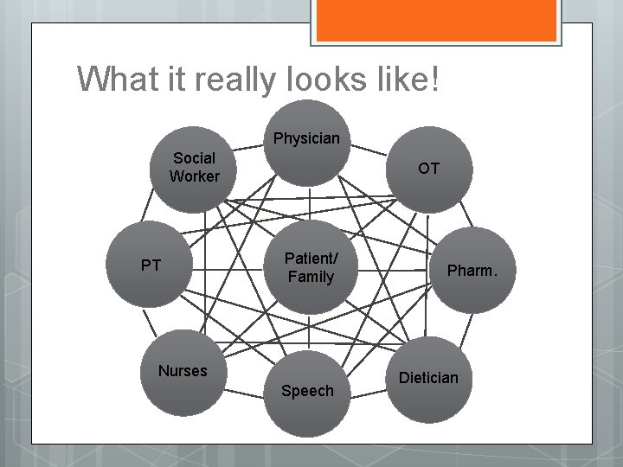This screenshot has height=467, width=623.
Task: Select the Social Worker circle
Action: point(194,170)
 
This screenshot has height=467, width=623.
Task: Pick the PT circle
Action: point(151,264)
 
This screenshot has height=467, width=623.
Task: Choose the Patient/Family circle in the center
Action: point(310,265)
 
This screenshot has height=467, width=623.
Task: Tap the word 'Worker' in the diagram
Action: point(195,176)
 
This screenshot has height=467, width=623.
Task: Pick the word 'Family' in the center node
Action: point(310,277)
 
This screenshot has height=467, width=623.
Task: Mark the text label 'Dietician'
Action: point(429,378)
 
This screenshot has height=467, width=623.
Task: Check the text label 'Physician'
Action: point(306,138)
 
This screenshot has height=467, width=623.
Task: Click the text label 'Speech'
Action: point(307,391)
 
